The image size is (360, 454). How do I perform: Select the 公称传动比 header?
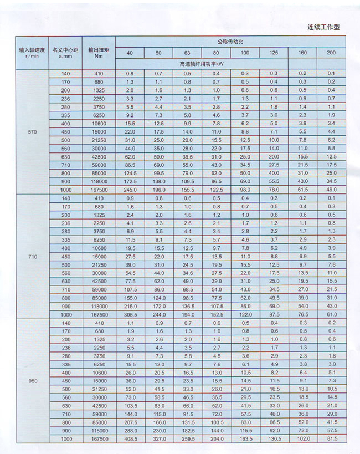[230, 42]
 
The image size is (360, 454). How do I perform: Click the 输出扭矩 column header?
[99, 53]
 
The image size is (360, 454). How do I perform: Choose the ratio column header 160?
[302, 53]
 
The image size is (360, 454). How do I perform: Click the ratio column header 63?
[187, 53]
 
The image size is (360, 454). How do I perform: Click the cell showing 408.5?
[130, 439]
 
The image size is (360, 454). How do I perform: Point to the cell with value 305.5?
[130, 314]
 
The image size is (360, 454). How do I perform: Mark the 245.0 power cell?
[130, 190]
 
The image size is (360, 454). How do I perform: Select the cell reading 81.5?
[331, 439]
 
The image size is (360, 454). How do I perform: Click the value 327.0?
[158, 439]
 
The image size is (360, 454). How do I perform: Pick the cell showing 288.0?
[130, 430]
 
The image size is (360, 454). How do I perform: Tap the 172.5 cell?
[130, 181]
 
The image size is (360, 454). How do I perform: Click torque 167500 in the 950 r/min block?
[99, 439]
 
